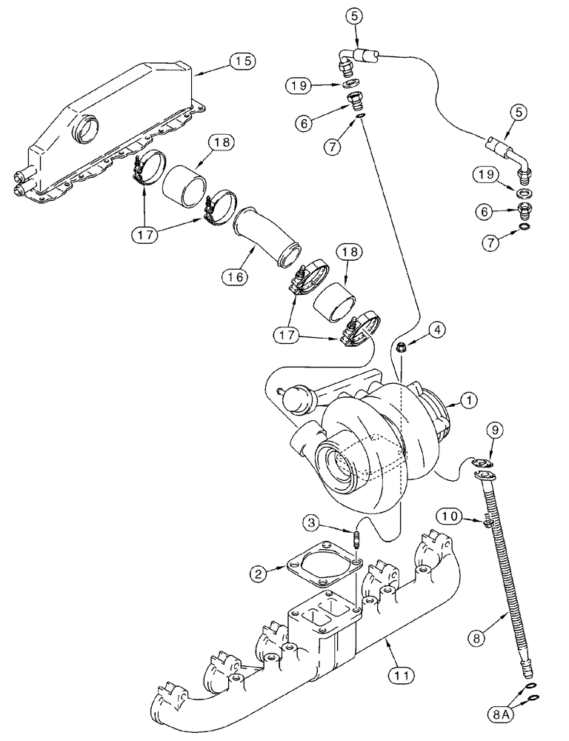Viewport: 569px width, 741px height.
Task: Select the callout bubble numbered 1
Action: pos(468,401)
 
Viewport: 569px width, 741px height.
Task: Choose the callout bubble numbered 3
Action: pos(314,524)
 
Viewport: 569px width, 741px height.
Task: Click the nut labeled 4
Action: pos(401,346)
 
